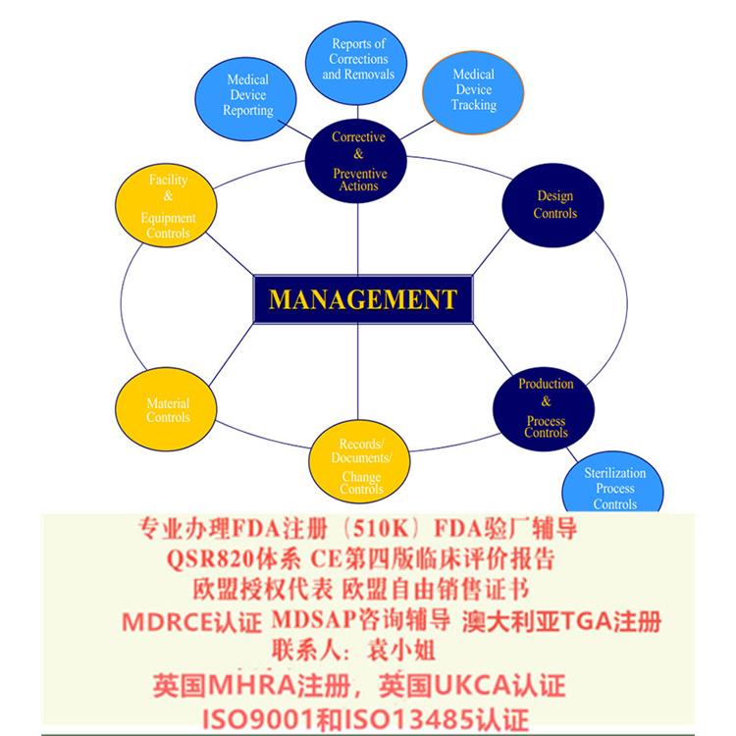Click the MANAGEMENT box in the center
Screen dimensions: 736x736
point(363,299)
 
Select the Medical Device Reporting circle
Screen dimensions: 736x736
point(245,98)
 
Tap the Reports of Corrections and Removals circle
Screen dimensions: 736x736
point(356,63)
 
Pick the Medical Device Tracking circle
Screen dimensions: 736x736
point(473,92)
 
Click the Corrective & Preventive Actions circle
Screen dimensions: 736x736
point(356,161)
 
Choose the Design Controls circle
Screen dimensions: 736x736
point(552,205)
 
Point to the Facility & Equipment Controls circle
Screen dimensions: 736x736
point(166,205)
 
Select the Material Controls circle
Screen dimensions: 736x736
point(166,409)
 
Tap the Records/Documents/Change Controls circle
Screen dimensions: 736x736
point(359,461)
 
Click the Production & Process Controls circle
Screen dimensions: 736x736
point(544,409)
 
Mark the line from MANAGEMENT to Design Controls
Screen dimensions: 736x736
point(491,251)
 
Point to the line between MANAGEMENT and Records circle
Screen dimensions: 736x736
point(357,372)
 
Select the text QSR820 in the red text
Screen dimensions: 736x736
point(209,559)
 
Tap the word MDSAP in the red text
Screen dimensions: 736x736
point(313,619)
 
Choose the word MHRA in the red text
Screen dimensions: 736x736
point(251,685)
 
